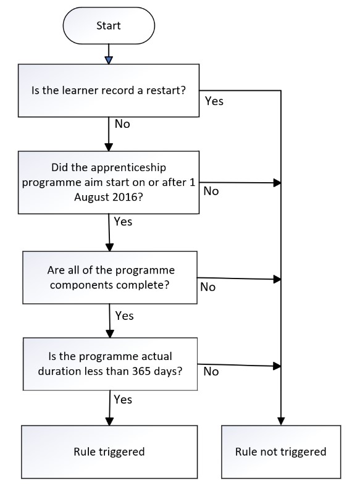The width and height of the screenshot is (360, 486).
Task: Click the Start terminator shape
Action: [109, 26]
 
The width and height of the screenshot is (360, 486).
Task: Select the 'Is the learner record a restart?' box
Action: [109, 91]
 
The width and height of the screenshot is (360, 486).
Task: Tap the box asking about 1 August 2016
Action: [109, 182]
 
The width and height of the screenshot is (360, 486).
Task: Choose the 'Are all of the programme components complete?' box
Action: [110, 277]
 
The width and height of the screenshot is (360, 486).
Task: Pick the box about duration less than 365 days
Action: [110, 364]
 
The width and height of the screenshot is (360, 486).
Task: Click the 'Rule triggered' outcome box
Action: [109, 451]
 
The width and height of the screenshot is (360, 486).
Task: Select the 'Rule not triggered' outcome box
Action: [281, 451]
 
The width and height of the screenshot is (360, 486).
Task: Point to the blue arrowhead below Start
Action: [109, 60]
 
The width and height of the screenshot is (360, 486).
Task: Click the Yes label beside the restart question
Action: [214, 101]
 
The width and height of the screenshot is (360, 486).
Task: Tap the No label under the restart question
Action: [122, 124]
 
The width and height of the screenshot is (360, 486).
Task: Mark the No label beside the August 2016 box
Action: [211, 191]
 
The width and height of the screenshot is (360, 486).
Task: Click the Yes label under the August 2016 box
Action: [123, 222]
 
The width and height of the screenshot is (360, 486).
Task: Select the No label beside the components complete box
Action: [208, 287]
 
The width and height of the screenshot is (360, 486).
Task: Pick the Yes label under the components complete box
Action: [124, 316]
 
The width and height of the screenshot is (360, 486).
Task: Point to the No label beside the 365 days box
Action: [211, 371]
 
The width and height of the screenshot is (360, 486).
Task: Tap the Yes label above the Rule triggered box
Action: [123, 400]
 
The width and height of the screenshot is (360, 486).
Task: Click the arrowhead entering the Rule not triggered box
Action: [281, 421]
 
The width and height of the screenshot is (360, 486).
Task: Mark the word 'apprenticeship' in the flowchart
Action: [128, 168]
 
